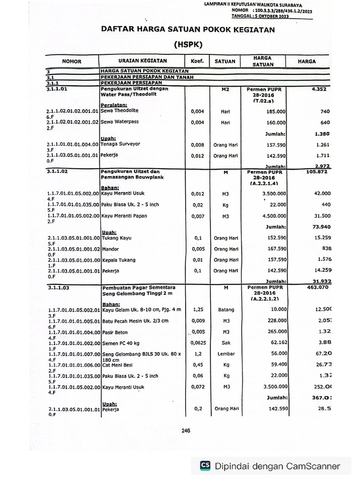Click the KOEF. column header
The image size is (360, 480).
[x=194, y=61]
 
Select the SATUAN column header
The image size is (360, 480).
[x=225, y=61]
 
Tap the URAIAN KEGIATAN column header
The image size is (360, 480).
[x=142, y=61]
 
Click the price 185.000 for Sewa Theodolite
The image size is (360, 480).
[x=276, y=112]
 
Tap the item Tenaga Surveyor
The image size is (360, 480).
[x=120, y=144]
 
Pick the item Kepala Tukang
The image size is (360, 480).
[x=118, y=260]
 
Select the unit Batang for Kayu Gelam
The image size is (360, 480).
[x=225, y=310]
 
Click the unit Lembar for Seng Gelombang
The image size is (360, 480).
[x=225, y=354]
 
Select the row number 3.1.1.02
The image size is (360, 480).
[x=58, y=172]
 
